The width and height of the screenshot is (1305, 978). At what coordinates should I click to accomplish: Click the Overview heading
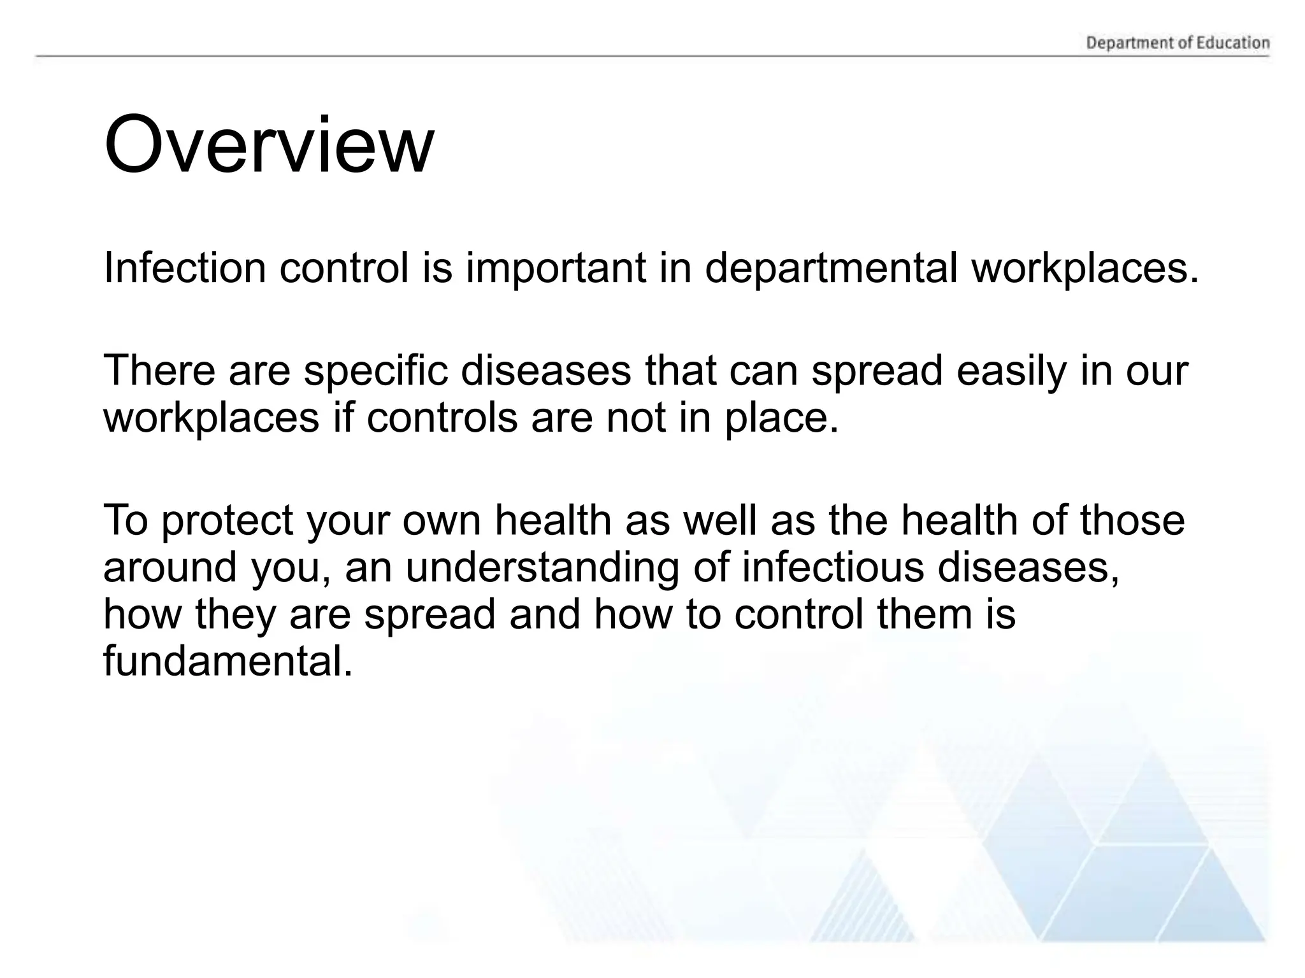268,146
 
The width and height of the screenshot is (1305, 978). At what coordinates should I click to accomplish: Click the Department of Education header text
1178,43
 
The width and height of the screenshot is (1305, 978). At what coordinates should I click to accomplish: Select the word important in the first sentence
556,269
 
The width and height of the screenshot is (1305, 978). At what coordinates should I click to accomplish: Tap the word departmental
831,269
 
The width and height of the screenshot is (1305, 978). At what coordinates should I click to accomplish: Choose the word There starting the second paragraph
159,370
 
